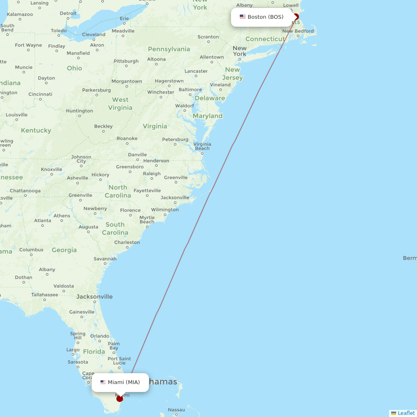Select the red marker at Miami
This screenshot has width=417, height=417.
[x=120, y=398]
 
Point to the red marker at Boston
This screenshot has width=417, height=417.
[x=296, y=17]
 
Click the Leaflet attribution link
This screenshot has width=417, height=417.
[x=406, y=413]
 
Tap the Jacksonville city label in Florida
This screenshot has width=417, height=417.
[x=95, y=297]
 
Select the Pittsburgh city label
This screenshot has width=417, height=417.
[x=126, y=61]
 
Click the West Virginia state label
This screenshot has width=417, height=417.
[x=120, y=103]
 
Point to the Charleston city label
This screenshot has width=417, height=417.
[x=127, y=242]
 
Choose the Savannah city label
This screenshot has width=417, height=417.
[x=105, y=259]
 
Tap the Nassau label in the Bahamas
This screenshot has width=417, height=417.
[x=176, y=410]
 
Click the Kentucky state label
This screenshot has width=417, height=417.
[x=36, y=131]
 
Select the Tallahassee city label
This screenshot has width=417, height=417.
[x=45, y=294]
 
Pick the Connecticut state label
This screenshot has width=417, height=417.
[x=265, y=39]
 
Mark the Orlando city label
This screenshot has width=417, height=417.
[x=100, y=336]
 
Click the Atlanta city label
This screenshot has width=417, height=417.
[x=43, y=221]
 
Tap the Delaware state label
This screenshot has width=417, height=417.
[x=210, y=98]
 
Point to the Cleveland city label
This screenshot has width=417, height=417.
[x=94, y=35]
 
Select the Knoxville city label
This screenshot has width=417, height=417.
[x=52, y=169]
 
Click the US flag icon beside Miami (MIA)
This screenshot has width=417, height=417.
[x=103, y=382]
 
